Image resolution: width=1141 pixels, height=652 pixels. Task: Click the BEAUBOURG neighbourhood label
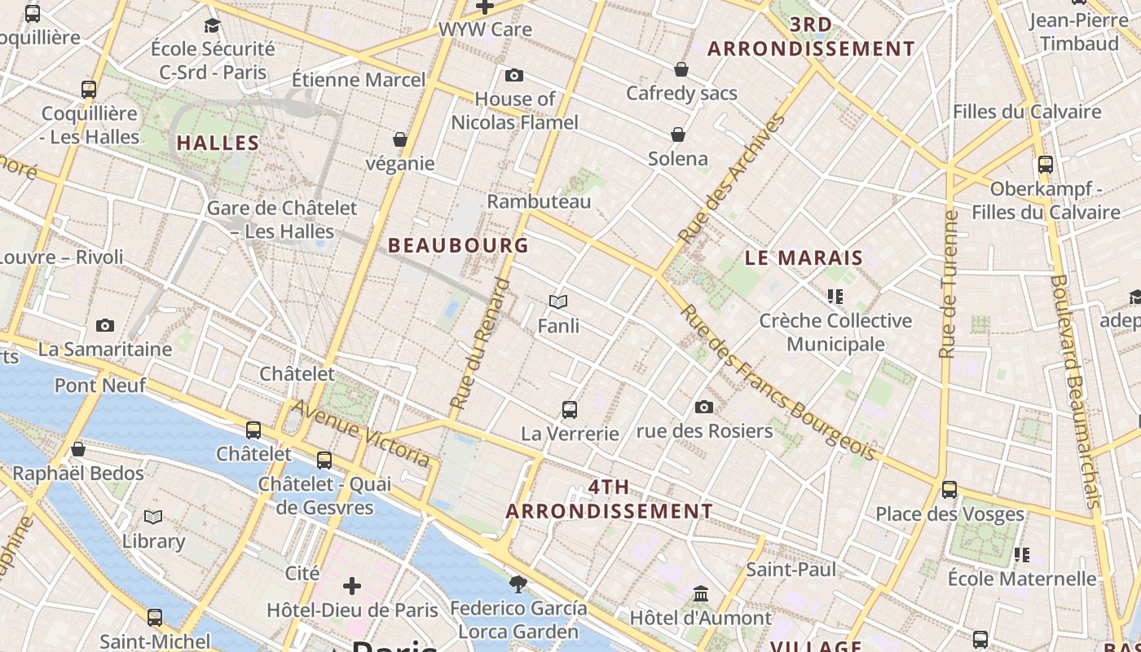[458, 244]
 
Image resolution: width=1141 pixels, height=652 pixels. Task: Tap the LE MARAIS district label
[804, 258]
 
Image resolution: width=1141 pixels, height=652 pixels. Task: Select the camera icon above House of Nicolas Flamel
[514, 76]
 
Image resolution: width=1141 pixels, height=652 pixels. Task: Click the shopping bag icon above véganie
[400, 139]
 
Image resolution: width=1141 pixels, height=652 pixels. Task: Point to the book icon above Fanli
[558, 302]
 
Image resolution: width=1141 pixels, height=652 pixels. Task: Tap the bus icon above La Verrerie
[570, 410]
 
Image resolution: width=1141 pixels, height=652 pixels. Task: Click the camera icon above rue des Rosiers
[704, 407]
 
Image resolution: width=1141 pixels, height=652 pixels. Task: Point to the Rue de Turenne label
[948, 284]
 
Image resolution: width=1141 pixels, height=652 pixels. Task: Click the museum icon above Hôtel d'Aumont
[701, 593]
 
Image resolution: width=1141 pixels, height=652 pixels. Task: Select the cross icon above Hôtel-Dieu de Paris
[352, 586]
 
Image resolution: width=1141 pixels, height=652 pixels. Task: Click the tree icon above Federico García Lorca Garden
[518, 584]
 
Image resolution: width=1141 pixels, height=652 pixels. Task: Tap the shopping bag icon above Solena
[678, 134]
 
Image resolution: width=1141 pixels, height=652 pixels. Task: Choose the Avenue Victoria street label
[361, 433]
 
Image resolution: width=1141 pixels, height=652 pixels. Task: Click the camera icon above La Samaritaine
[105, 326]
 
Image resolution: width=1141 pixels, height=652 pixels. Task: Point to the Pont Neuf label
[100, 385]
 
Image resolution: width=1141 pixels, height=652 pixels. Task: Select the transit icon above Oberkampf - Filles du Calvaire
[1046, 165]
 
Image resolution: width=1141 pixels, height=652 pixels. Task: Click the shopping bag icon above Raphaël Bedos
[78, 449]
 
